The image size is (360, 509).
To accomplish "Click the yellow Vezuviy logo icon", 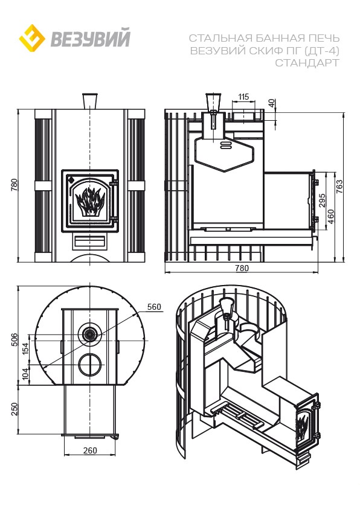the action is point(32,38).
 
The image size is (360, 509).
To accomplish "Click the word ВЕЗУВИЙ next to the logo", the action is point(91,38).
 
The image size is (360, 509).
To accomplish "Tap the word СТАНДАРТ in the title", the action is point(307,63).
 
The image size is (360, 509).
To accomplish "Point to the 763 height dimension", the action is point(339,187).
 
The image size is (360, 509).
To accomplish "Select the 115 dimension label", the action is point(243,97).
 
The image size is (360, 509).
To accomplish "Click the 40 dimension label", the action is point(272,103).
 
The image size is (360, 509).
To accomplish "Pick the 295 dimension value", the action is point(322,200).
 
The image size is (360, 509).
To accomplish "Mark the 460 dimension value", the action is point(330,217).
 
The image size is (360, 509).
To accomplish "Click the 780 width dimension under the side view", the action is point(242,268).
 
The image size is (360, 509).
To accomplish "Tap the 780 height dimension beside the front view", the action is point(14,185).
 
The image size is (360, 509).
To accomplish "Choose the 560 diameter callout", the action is point(154,307).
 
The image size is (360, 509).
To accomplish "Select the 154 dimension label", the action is point(25,347).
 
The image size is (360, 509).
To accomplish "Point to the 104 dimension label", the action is point(25,374).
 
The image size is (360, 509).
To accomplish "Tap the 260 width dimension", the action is point(90,450).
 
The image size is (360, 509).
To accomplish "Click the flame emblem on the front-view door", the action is point(89,201).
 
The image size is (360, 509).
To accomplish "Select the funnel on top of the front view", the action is point(90,101).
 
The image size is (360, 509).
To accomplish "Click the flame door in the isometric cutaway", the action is point(307,424).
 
